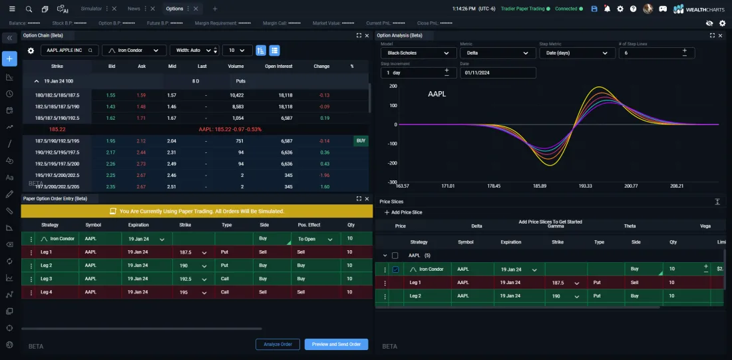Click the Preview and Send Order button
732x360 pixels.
click(336, 344)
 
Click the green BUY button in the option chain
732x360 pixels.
click(361, 141)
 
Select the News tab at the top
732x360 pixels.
click(134, 9)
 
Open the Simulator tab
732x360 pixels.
click(91, 9)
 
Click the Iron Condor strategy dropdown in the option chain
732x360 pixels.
click(134, 50)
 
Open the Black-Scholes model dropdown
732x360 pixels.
click(418, 53)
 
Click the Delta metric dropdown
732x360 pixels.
click(497, 53)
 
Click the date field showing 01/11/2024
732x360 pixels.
click(498, 73)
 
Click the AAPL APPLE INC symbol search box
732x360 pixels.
click(70, 50)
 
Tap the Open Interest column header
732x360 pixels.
click(279, 66)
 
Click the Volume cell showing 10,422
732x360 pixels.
click(236, 95)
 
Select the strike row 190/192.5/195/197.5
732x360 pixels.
click(57, 152)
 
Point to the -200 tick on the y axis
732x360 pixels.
click(391, 163)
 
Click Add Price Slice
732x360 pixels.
click(403, 212)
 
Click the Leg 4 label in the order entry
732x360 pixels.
click(46, 291)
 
